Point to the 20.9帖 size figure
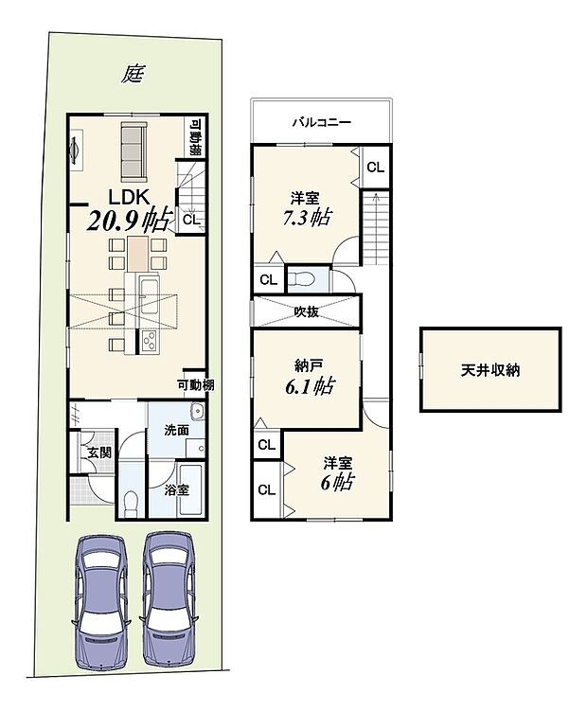pyautogui.click(x=129, y=223)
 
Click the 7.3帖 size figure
pyautogui.click(x=306, y=217)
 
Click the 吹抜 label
pyautogui.click(x=305, y=311)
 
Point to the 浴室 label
pyautogui.click(x=176, y=490)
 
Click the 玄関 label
pyautogui.click(x=99, y=453)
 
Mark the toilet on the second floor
pyautogui.click(x=303, y=279)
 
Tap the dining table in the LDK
pyautogui.click(x=139, y=253)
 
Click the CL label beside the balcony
pyautogui.click(x=375, y=167)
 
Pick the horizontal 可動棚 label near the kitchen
pyautogui.click(x=194, y=384)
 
